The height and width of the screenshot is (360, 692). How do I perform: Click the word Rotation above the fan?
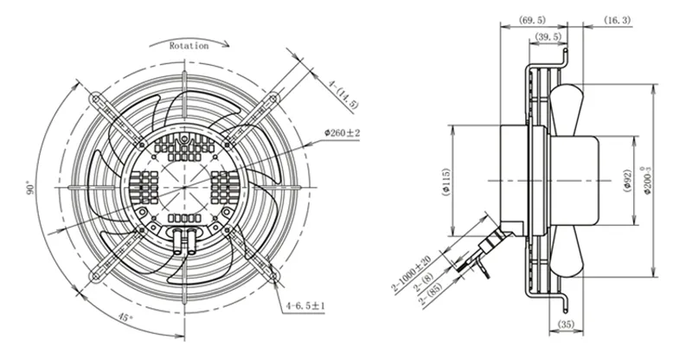[x=189, y=46]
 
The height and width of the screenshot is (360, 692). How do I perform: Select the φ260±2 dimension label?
[x=342, y=132]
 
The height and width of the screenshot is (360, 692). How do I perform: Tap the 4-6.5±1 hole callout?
[x=305, y=305]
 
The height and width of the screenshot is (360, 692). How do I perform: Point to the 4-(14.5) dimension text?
[x=343, y=93]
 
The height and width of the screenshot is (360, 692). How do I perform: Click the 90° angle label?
[x=29, y=188]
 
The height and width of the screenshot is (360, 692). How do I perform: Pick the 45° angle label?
[x=125, y=318]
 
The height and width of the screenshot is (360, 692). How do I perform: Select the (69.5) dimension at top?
[x=532, y=20]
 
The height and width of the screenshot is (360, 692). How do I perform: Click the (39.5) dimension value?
[x=548, y=36]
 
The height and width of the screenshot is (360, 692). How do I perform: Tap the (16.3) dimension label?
[x=618, y=20]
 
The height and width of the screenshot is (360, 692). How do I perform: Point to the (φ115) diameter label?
[x=446, y=181]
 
